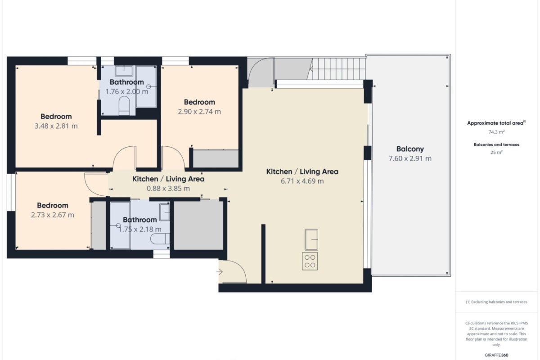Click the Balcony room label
point(410,149)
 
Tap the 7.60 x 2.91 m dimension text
point(410,159)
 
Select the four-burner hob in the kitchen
point(310,261)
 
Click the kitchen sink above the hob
point(311,240)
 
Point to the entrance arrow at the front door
point(220,272)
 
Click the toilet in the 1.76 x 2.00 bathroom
point(124,106)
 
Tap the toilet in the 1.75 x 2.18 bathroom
point(160,238)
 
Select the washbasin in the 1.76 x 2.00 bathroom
point(124,71)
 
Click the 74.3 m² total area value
point(496,132)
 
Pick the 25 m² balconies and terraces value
point(496,153)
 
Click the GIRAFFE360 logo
point(496,355)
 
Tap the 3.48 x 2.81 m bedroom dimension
point(56,126)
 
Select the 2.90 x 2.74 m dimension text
point(199,112)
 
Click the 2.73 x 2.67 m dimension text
point(53,215)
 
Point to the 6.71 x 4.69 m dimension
point(302,181)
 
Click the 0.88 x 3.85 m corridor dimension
point(168,188)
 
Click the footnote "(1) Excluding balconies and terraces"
point(496,302)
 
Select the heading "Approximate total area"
point(495,123)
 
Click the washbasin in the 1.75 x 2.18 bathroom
point(165,212)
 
